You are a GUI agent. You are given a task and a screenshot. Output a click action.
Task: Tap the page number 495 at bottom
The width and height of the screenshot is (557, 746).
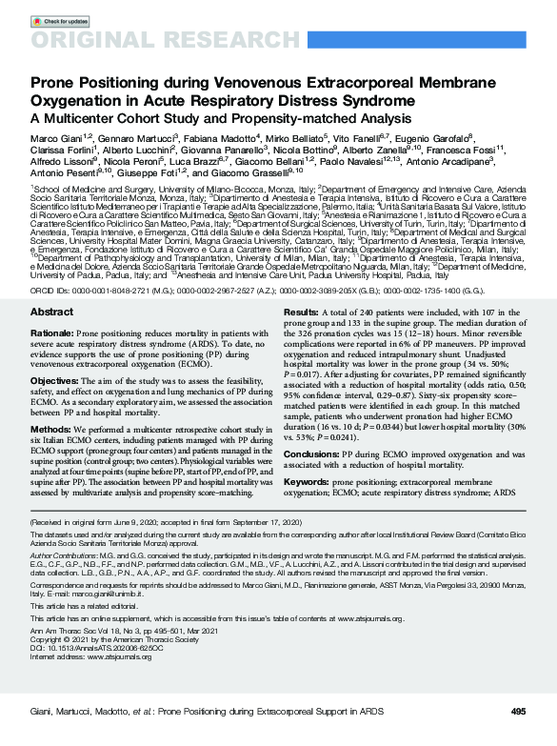pos(518,712)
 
